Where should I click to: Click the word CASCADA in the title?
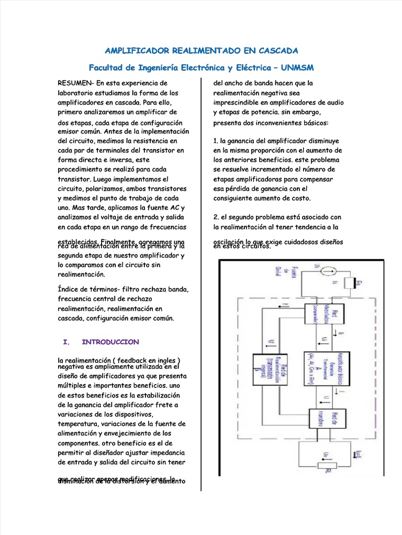point(275,51)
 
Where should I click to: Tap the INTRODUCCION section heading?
point(110,342)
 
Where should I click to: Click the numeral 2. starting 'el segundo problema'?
point(216,217)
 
